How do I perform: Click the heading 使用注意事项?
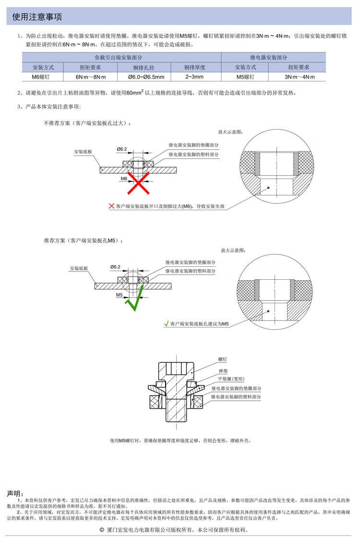pyautogui.click(x=37, y=16)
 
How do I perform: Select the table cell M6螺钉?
pyautogui.click(x=41, y=77)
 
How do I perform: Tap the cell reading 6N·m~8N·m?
pyautogui.click(x=91, y=77)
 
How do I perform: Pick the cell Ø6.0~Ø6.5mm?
pyautogui.click(x=144, y=77)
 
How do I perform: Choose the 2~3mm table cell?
pyautogui.click(x=195, y=77)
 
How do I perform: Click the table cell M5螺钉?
pyautogui.click(x=245, y=77)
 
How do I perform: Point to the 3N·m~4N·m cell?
pyautogui.click(x=300, y=77)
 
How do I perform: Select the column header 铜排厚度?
pyautogui.click(x=195, y=67)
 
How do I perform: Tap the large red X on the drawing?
pyautogui.click(x=138, y=182)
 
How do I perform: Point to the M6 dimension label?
pyautogui.click(x=124, y=179)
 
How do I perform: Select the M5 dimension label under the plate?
pyautogui.click(x=120, y=295)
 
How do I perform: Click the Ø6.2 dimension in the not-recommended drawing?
pyautogui.click(x=122, y=149)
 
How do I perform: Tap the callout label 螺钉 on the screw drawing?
pyautogui.click(x=223, y=359)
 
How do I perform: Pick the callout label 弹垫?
pyautogui.click(x=223, y=371)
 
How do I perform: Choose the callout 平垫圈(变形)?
pyautogui.click(x=231, y=379)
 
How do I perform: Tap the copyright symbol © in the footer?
pyautogui.click(x=102, y=530)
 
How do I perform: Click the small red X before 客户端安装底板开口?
pyautogui.click(x=111, y=206)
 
